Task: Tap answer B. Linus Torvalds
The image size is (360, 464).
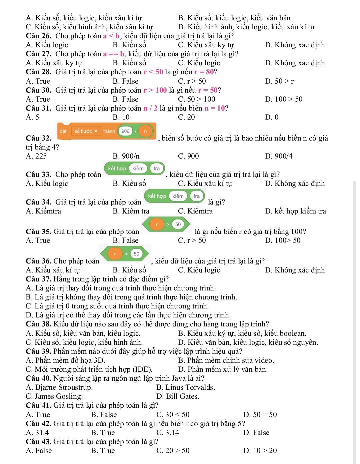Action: coord(186,387)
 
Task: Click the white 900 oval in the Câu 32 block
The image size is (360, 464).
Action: coord(125,131)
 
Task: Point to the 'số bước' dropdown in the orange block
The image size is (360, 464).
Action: coord(86,131)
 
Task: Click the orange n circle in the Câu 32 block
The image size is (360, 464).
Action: coord(145,131)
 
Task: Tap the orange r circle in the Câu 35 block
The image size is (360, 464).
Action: coord(157,225)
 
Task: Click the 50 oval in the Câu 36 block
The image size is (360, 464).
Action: coord(136,254)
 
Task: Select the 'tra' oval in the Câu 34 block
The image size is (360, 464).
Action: coord(197,196)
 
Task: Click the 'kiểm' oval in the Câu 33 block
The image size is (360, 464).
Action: coord(138,169)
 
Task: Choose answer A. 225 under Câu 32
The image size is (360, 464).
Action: coord(36,156)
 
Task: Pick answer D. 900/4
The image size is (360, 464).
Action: coord(279,156)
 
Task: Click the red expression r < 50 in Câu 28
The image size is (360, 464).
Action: coord(153,72)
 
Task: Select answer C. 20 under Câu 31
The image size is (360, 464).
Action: coord(186,117)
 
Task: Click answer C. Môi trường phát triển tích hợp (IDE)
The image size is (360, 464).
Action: coord(89,369)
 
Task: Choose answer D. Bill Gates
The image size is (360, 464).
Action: coord(178,396)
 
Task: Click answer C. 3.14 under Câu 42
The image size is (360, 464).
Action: coord(168,433)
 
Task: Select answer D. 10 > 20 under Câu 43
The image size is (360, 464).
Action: coord(260,451)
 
